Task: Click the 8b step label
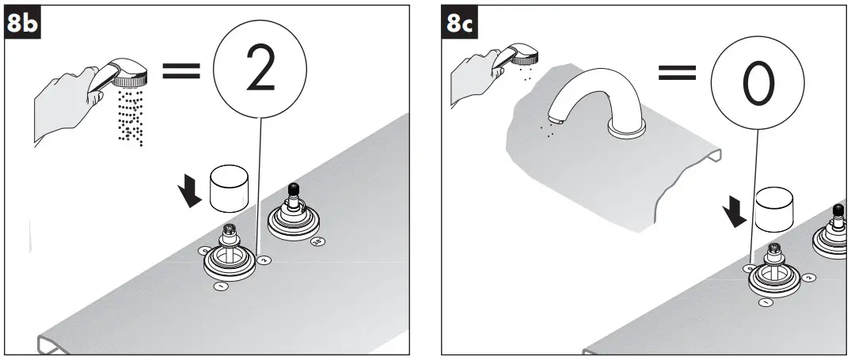point(23,24)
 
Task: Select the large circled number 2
point(259,70)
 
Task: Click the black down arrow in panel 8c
point(737,212)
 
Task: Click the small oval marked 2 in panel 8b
point(265,259)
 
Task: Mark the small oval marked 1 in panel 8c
point(766,302)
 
